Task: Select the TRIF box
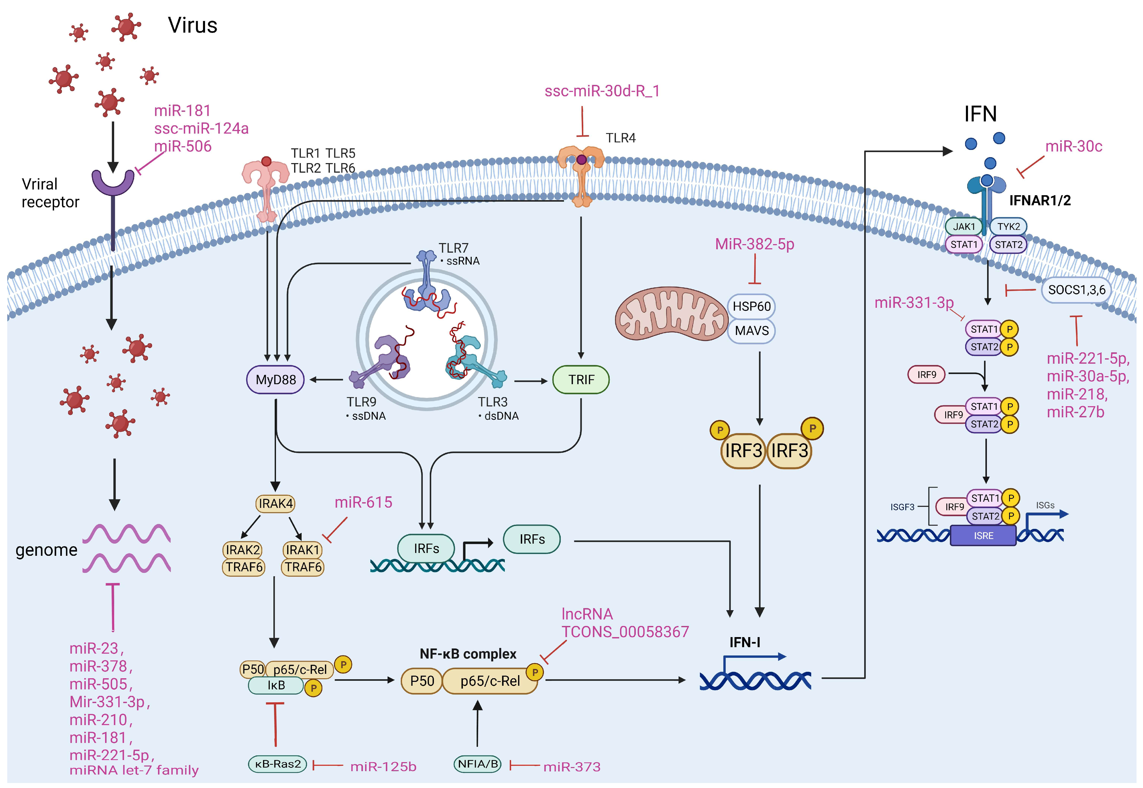click(581, 380)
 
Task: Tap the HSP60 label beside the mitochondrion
click(752, 307)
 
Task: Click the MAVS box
click(752, 331)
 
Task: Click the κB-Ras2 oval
click(278, 764)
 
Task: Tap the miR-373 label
click(572, 767)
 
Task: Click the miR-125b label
click(383, 767)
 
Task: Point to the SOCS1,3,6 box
click(1076, 290)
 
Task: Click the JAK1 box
click(964, 227)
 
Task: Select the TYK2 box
click(1008, 227)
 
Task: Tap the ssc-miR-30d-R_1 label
click(602, 91)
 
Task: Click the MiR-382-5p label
click(754, 244)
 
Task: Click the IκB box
click(276, 685)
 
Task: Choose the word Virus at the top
click(193, 25)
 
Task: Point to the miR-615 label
click(363, 503)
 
